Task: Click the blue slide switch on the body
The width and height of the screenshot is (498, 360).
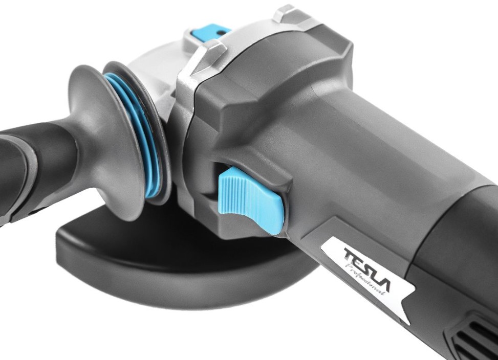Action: tap(251, 199)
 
